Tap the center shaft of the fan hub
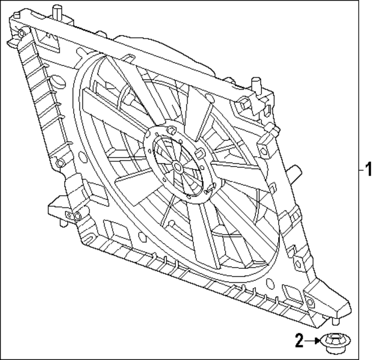click(177, 166)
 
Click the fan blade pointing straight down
click(198, 240)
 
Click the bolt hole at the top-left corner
click(22, 33)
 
